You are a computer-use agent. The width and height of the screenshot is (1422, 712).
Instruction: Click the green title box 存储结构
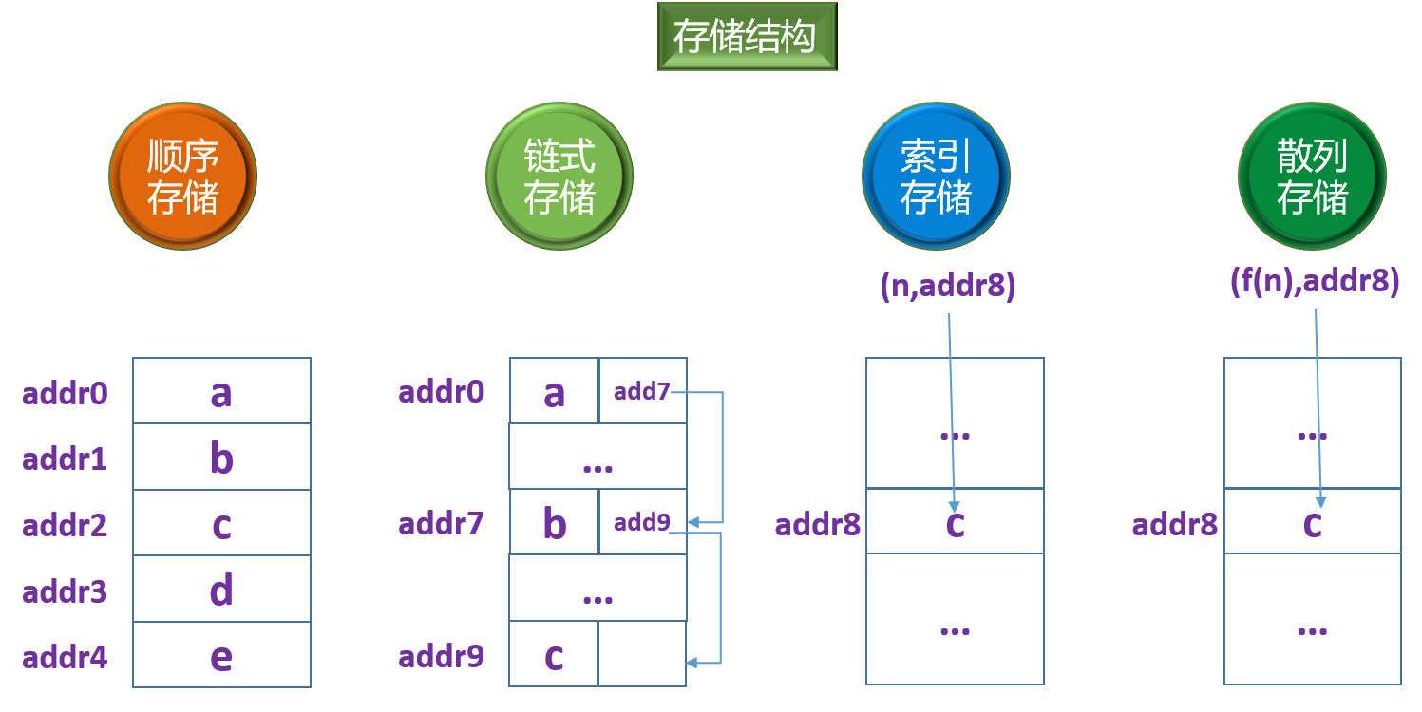747,37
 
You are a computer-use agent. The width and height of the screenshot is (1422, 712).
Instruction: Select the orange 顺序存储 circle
183,177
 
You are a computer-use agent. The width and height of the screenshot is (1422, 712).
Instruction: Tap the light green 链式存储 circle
559,177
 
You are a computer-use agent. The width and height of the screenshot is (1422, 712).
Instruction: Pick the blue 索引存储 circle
936,177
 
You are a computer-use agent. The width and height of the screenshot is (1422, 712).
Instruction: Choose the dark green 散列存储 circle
1312,177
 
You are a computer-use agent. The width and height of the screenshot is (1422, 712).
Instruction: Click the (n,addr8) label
948,286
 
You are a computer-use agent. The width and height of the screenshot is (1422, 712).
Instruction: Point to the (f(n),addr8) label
1314,282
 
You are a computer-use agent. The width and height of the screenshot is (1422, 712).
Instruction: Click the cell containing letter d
221,590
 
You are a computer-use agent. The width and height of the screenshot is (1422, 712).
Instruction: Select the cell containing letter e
221,656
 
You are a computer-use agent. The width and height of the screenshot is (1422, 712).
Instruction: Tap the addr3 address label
65,592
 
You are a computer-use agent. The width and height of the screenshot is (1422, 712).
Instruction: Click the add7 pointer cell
642,391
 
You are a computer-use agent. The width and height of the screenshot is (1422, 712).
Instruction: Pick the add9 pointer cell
642,522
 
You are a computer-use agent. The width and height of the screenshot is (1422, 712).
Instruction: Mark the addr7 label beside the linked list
441,523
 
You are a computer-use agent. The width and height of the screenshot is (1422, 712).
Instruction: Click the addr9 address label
441,656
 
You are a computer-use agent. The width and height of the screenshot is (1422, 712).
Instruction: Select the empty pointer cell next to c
642,654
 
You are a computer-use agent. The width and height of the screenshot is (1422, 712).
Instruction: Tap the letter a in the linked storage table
554,392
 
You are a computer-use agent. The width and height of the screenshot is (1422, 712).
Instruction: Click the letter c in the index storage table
956,522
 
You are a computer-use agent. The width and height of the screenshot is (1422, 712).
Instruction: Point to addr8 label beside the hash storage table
1174,524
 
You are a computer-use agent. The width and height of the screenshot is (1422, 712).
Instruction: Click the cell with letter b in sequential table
221,458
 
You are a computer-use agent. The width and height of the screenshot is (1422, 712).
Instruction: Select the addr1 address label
65,459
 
